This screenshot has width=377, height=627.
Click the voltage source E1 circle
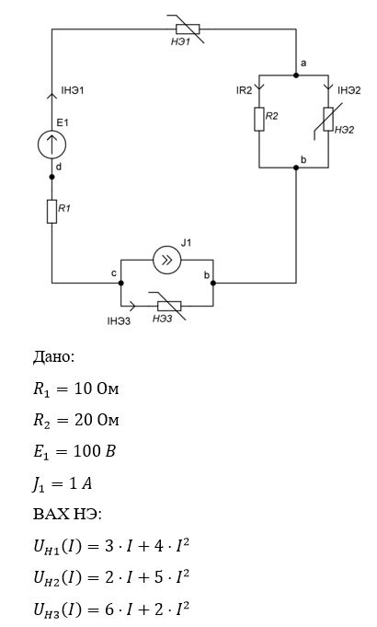(51, 145)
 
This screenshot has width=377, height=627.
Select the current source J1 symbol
(167, 260)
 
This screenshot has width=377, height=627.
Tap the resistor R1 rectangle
(51, 211)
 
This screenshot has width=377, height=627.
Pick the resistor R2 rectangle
(259, 119)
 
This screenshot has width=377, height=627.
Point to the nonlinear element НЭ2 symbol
(328, 119)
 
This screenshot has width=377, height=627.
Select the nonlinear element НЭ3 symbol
(169, 306)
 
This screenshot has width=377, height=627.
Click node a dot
(296, 75)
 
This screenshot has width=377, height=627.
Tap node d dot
(51, 177)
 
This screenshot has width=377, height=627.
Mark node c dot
(121, 283)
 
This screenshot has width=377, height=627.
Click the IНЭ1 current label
(73, 90)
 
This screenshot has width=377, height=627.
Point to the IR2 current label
(244, 90)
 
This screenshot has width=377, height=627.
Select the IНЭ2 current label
(349, 90)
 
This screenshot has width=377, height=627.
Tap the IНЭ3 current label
(119, 320)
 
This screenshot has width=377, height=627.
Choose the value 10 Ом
(97, 389)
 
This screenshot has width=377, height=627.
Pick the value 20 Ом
(97, 420)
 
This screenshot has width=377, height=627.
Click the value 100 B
(94, 451)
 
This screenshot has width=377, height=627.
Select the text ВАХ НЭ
(65, 514)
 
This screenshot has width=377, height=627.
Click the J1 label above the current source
(186, 242)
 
